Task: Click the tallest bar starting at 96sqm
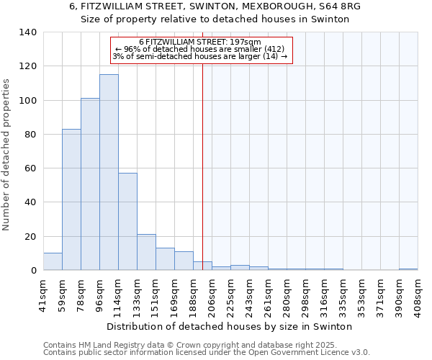click(109, 173)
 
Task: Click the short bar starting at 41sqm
click(53, 262)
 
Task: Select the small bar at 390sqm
click(408, 269)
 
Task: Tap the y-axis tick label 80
click(30, 135)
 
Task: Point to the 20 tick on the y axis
click(30, 237)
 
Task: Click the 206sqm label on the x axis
click(212, 293)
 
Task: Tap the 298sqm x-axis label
click(305, 293)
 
